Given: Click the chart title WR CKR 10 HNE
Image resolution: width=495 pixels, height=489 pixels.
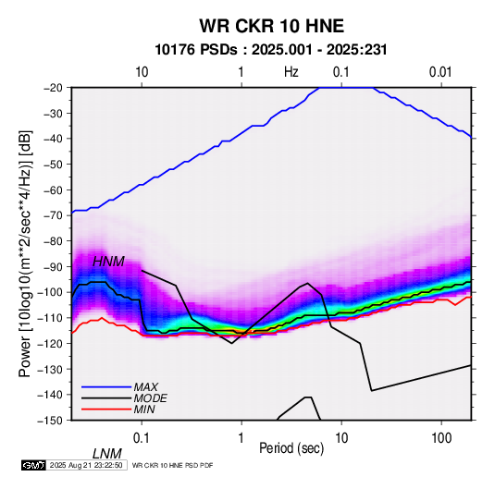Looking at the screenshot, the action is pyautogui.click(x=271, y=26).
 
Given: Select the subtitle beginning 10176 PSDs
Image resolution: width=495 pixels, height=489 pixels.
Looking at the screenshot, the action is pyautogui.click(x=271, y=50).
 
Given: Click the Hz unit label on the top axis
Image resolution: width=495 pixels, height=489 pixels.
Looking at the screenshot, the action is pyautogui.click(x=291, y=72).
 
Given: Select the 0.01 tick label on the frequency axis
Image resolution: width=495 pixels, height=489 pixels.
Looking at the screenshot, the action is pyautogui.click(x=440, y=72).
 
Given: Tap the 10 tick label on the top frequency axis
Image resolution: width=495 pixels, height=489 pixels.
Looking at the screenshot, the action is pyautogui.click(x=142, y=72).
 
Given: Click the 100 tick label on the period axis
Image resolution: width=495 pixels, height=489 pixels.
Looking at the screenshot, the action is pyautogui.click(x=441, y=438).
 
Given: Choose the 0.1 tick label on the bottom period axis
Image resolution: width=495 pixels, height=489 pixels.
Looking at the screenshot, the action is pyautogui.click(x=142, y=438).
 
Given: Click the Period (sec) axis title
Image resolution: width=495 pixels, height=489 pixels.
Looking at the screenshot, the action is pyautogui.click(x=291, y=448).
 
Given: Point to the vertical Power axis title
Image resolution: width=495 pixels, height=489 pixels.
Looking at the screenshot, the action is pyautogui.click(x=25, y=253).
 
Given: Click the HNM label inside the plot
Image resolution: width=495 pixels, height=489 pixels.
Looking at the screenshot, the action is pyautogui.click(x=108, y=262).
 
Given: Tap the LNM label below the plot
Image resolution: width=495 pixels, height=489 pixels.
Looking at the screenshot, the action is pyautogui.click(x=107, y=454).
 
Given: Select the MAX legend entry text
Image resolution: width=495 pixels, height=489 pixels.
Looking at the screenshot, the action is pyautogui.click(x=145, y=387).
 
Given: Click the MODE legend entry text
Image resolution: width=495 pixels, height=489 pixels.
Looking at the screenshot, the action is pyautogui.click(x=150, y=398).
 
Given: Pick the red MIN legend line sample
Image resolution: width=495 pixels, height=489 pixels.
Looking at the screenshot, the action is pyautogui.click(x=106, y=410).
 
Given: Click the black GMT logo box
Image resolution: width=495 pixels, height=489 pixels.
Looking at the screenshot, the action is pyautogui.click(x=33, y=465).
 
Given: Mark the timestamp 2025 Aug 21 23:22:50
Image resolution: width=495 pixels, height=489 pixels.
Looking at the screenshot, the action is pyautogui.click(x=86, y=465).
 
